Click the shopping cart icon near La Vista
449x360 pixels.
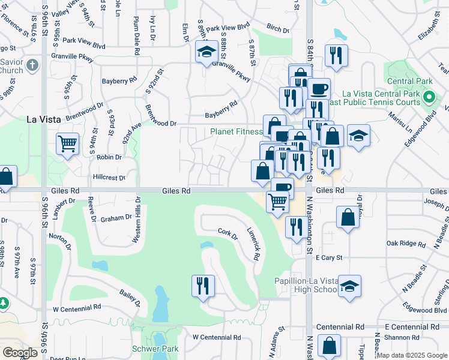67,143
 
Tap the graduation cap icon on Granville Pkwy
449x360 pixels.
206,52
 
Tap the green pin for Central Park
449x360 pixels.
429,97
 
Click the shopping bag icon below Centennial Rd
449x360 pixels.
329,345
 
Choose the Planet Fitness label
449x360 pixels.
236,131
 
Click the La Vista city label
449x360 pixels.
43,119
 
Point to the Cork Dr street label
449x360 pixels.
228,234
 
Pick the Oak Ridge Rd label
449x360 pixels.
406,244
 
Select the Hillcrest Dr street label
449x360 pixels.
109,178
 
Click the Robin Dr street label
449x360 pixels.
109,157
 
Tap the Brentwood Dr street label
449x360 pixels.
161,124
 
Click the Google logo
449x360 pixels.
20,353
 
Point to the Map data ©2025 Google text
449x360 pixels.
412,355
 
